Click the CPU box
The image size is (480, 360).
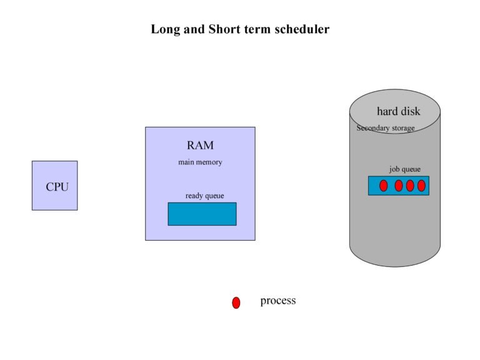(55, 186)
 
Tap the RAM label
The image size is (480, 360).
(200, 146)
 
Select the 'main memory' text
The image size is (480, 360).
(200, 162)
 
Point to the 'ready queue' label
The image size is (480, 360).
(204, 196)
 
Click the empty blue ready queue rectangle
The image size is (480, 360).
(202, 214)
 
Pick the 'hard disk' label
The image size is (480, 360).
(398, 111)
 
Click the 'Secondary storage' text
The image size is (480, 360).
(385, 128)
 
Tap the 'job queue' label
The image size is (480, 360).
(404, 169)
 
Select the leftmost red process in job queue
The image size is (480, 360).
(384, 186)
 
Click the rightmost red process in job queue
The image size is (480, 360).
(421, 186)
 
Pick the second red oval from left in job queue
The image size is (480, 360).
(399, 186)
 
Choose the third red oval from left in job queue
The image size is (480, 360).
(410, 186)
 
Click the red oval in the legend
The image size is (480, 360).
(236, 302)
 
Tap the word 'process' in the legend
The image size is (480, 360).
(277, 301)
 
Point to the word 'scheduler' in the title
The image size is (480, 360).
(302, 29)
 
